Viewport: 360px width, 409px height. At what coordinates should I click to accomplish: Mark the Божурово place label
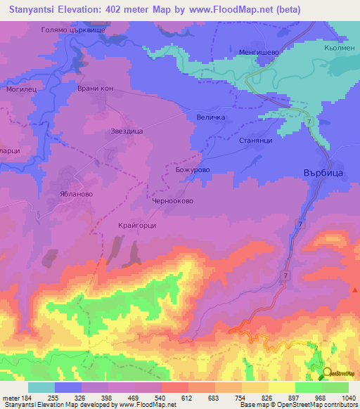[193, 169]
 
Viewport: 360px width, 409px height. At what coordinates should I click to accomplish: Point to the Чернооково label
[172, 200]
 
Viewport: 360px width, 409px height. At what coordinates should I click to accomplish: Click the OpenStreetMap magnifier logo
[327, 372]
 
